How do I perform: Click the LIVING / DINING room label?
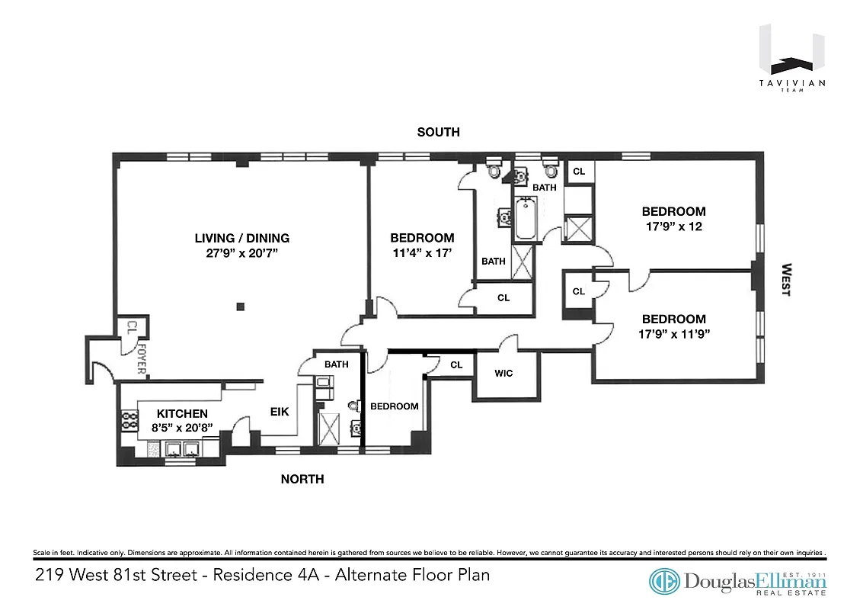(x=241, y=238)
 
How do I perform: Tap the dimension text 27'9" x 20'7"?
(x=241, y=254)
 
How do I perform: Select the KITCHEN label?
(x=182, y=413)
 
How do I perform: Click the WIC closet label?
(x=503, y=374)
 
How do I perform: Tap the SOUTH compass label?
(x=438, y=132)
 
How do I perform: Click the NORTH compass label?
(x=302, y=480)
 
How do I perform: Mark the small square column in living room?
(x=240, y=307)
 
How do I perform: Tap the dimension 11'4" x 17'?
(x=422, y=254)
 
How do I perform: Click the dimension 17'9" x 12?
(x=673, y=227)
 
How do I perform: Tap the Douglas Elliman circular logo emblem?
(x=664, y=582)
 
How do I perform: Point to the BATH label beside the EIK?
(x=336, y=364)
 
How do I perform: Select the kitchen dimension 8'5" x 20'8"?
(x=182, y=429)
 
